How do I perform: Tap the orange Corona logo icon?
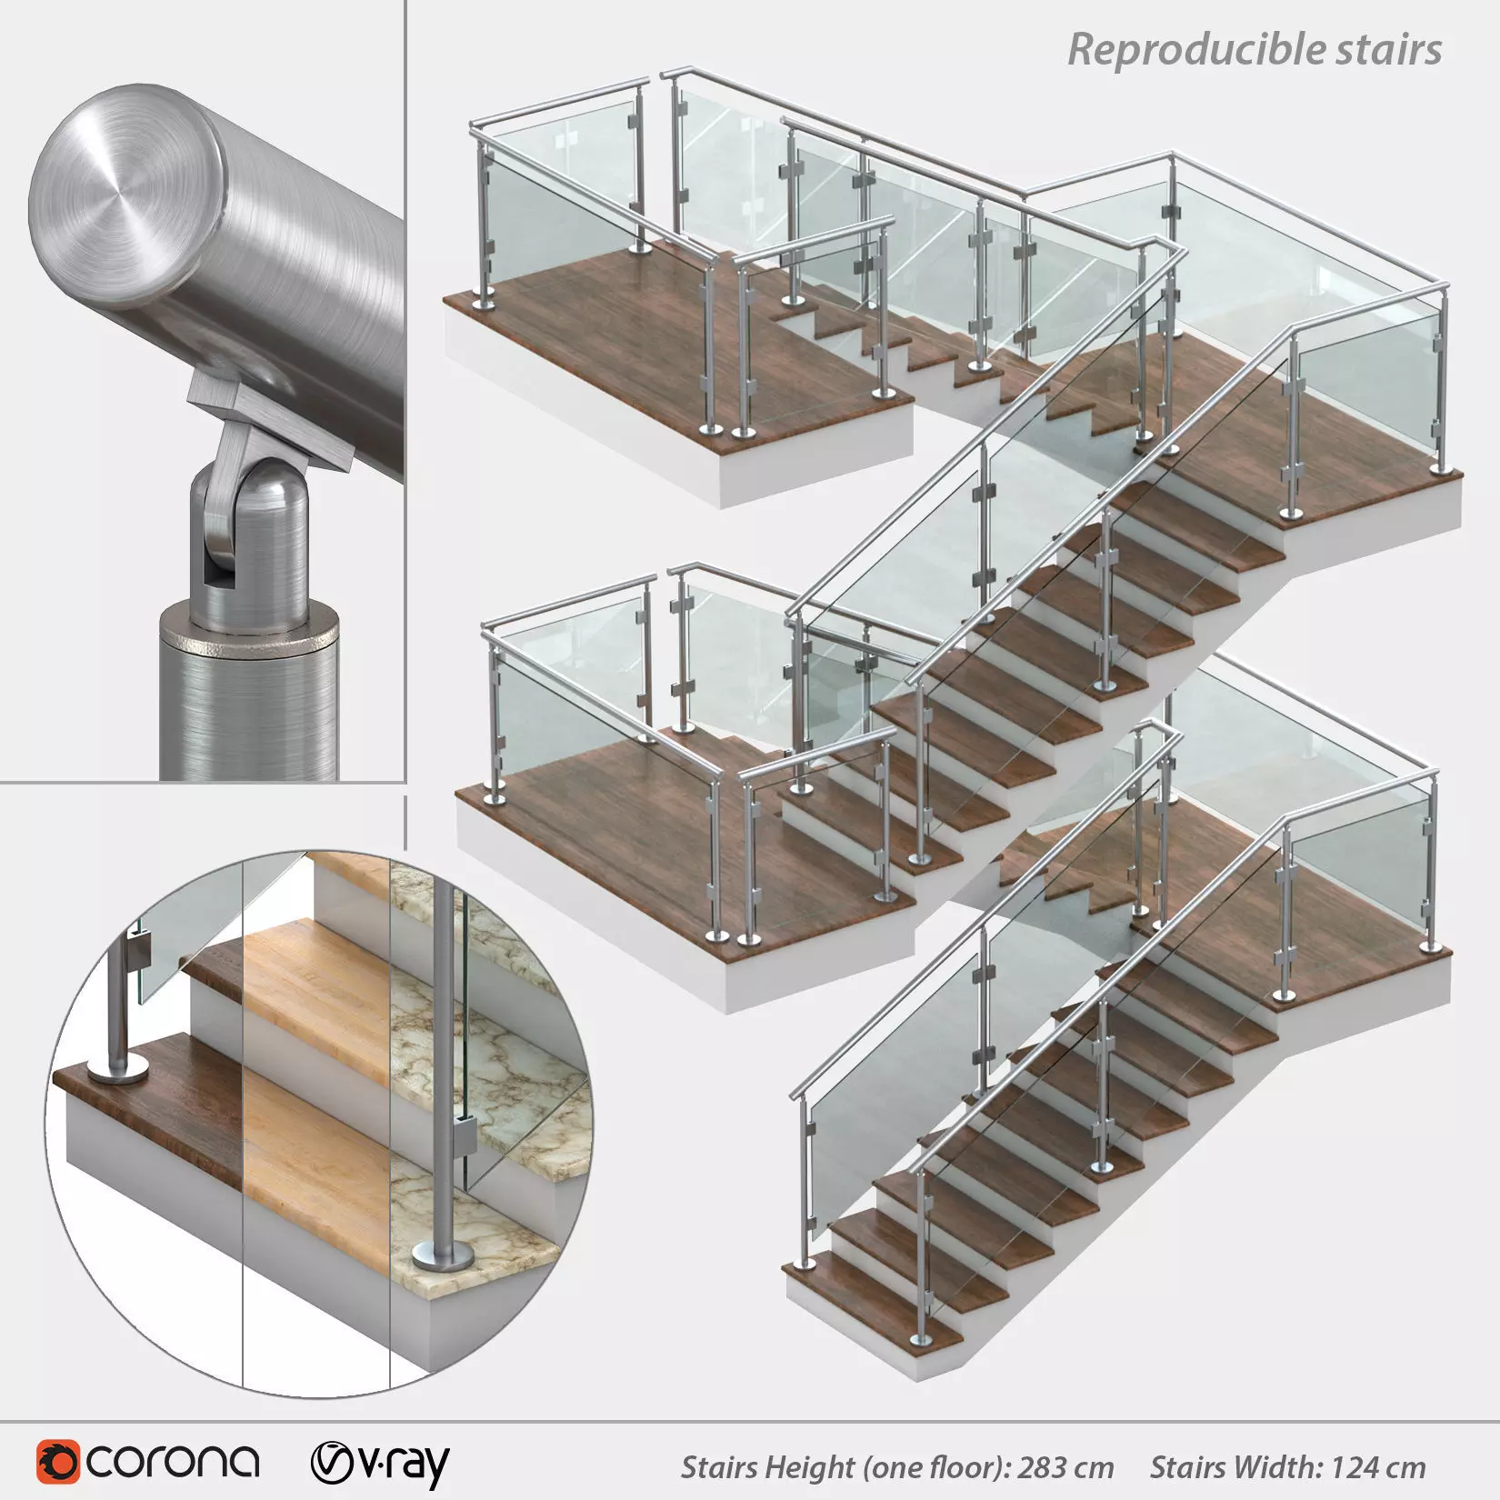pyautogui.click(x=58, y=1462)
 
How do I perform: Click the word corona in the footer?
pyautogui.click(x=173, y=1462)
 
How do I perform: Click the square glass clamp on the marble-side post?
pyautogui.click(x=462, y=1136)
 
